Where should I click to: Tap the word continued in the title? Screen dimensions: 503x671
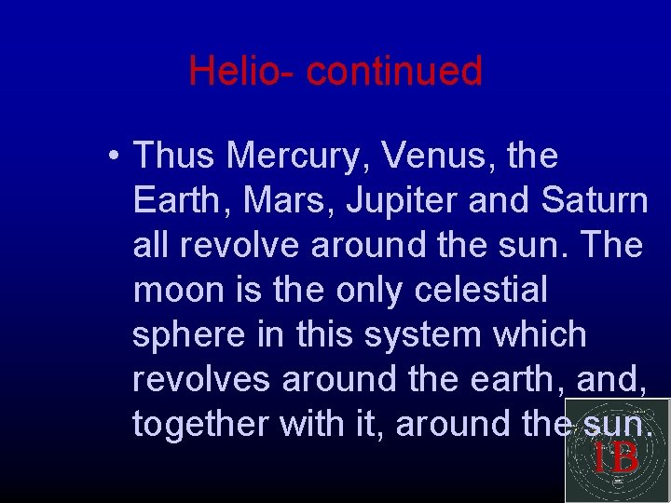[393, 71]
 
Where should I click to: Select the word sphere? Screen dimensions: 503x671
[191, 334]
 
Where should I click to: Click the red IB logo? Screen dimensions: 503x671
[616, 456]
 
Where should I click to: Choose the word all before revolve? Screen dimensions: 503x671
[151, 245]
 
